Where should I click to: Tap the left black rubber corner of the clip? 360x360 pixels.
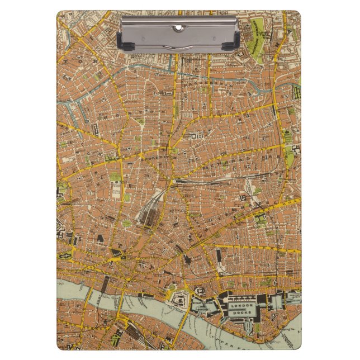[125, 44]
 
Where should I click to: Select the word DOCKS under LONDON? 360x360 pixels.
[241, 312]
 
